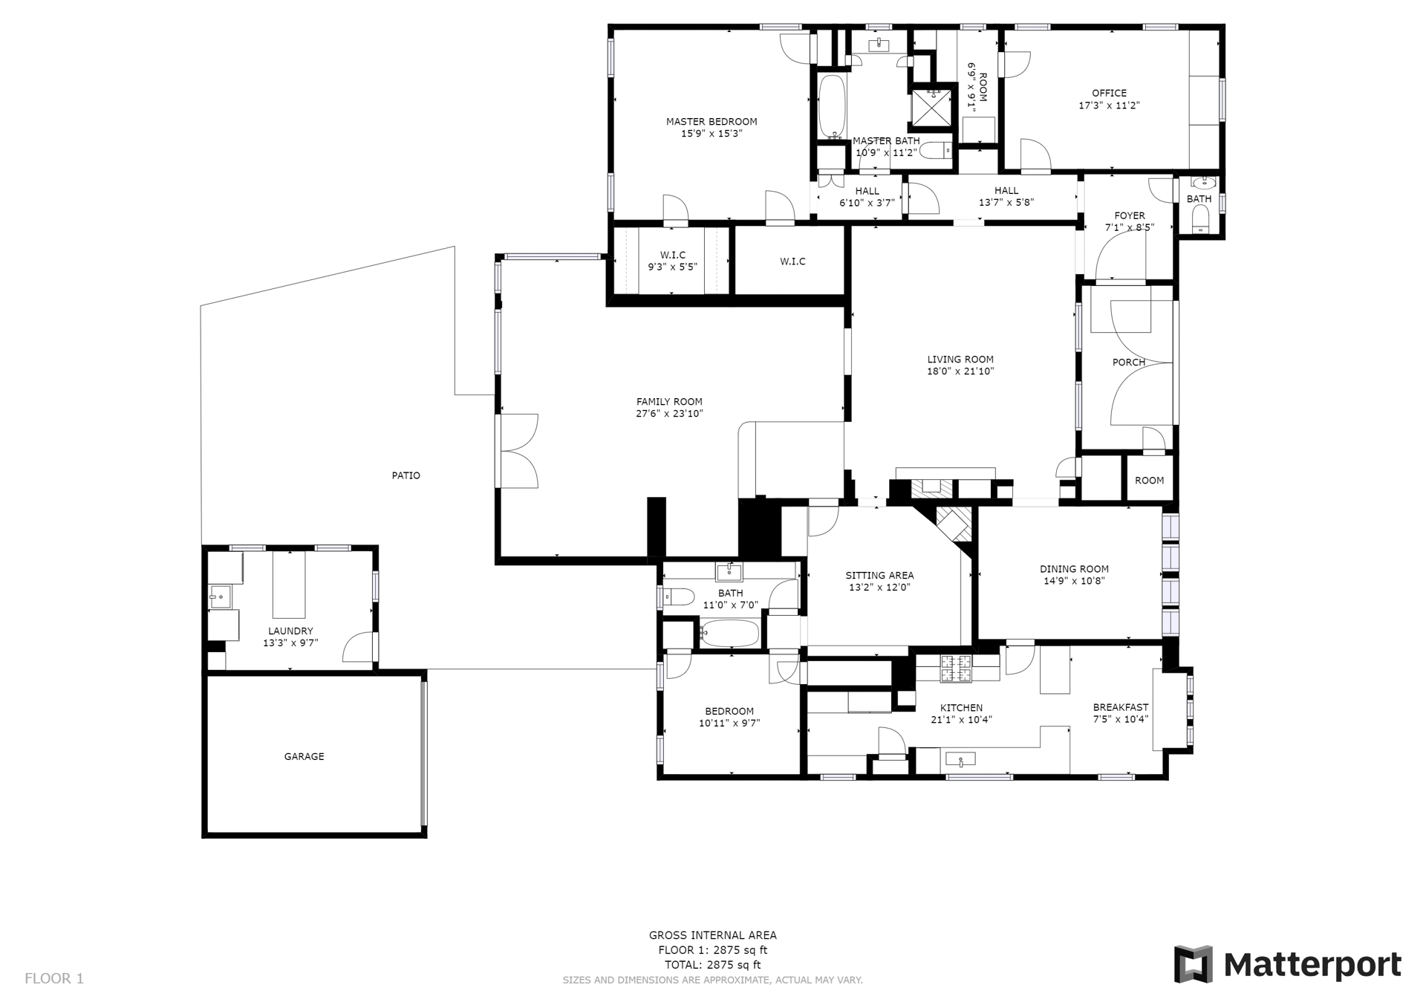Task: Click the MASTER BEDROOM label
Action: coord(712,122)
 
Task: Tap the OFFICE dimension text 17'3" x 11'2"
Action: coord(1109,105)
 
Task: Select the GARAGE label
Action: coord(304,756)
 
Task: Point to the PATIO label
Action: coord(406,475)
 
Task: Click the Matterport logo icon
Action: coord(1193,964)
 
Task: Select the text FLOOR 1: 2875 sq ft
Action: coord(713,950)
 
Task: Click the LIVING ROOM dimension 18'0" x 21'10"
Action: coord(960,371)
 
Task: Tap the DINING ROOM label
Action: coord(1074,569)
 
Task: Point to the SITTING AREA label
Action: coord(879,575)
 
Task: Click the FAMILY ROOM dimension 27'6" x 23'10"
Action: coord(669,414)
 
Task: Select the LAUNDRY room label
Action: coord(290,631)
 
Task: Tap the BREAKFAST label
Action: coord(1121,707)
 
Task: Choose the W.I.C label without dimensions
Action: coord(792,261)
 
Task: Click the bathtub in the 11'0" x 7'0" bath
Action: coord(730,634)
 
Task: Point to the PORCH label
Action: coord(1129,362)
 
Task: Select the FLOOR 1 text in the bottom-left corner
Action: coord(54,978)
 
